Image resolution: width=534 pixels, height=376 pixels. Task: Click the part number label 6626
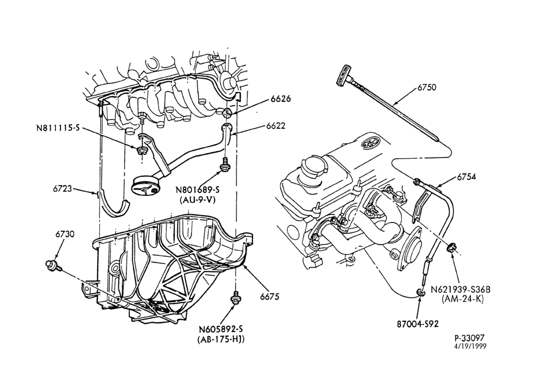click(281, 99)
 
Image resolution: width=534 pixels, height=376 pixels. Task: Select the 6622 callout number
click(276, 126)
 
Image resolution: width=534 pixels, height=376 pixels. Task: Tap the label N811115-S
click(58, 128)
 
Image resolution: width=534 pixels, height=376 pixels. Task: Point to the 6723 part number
click(62, 188)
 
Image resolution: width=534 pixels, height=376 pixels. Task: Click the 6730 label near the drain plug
click(65, 234)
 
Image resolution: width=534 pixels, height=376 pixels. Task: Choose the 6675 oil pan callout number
click(270, 296)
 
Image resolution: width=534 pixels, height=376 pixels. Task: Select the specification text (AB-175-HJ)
click(221, 340)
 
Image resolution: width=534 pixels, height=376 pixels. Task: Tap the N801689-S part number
click(198, 190)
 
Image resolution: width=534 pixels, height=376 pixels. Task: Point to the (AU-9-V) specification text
click(198, 200)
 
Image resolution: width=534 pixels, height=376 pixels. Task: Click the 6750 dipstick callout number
click(427, 88)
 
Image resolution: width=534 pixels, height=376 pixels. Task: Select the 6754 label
click(466, 177)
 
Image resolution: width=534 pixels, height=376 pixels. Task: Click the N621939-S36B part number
click(461, 289)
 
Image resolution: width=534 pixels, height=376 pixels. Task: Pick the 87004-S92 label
click(418, 324)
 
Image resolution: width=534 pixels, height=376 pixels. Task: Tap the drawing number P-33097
click(469, 338)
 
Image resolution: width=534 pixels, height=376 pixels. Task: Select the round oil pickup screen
click(145, 186)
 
